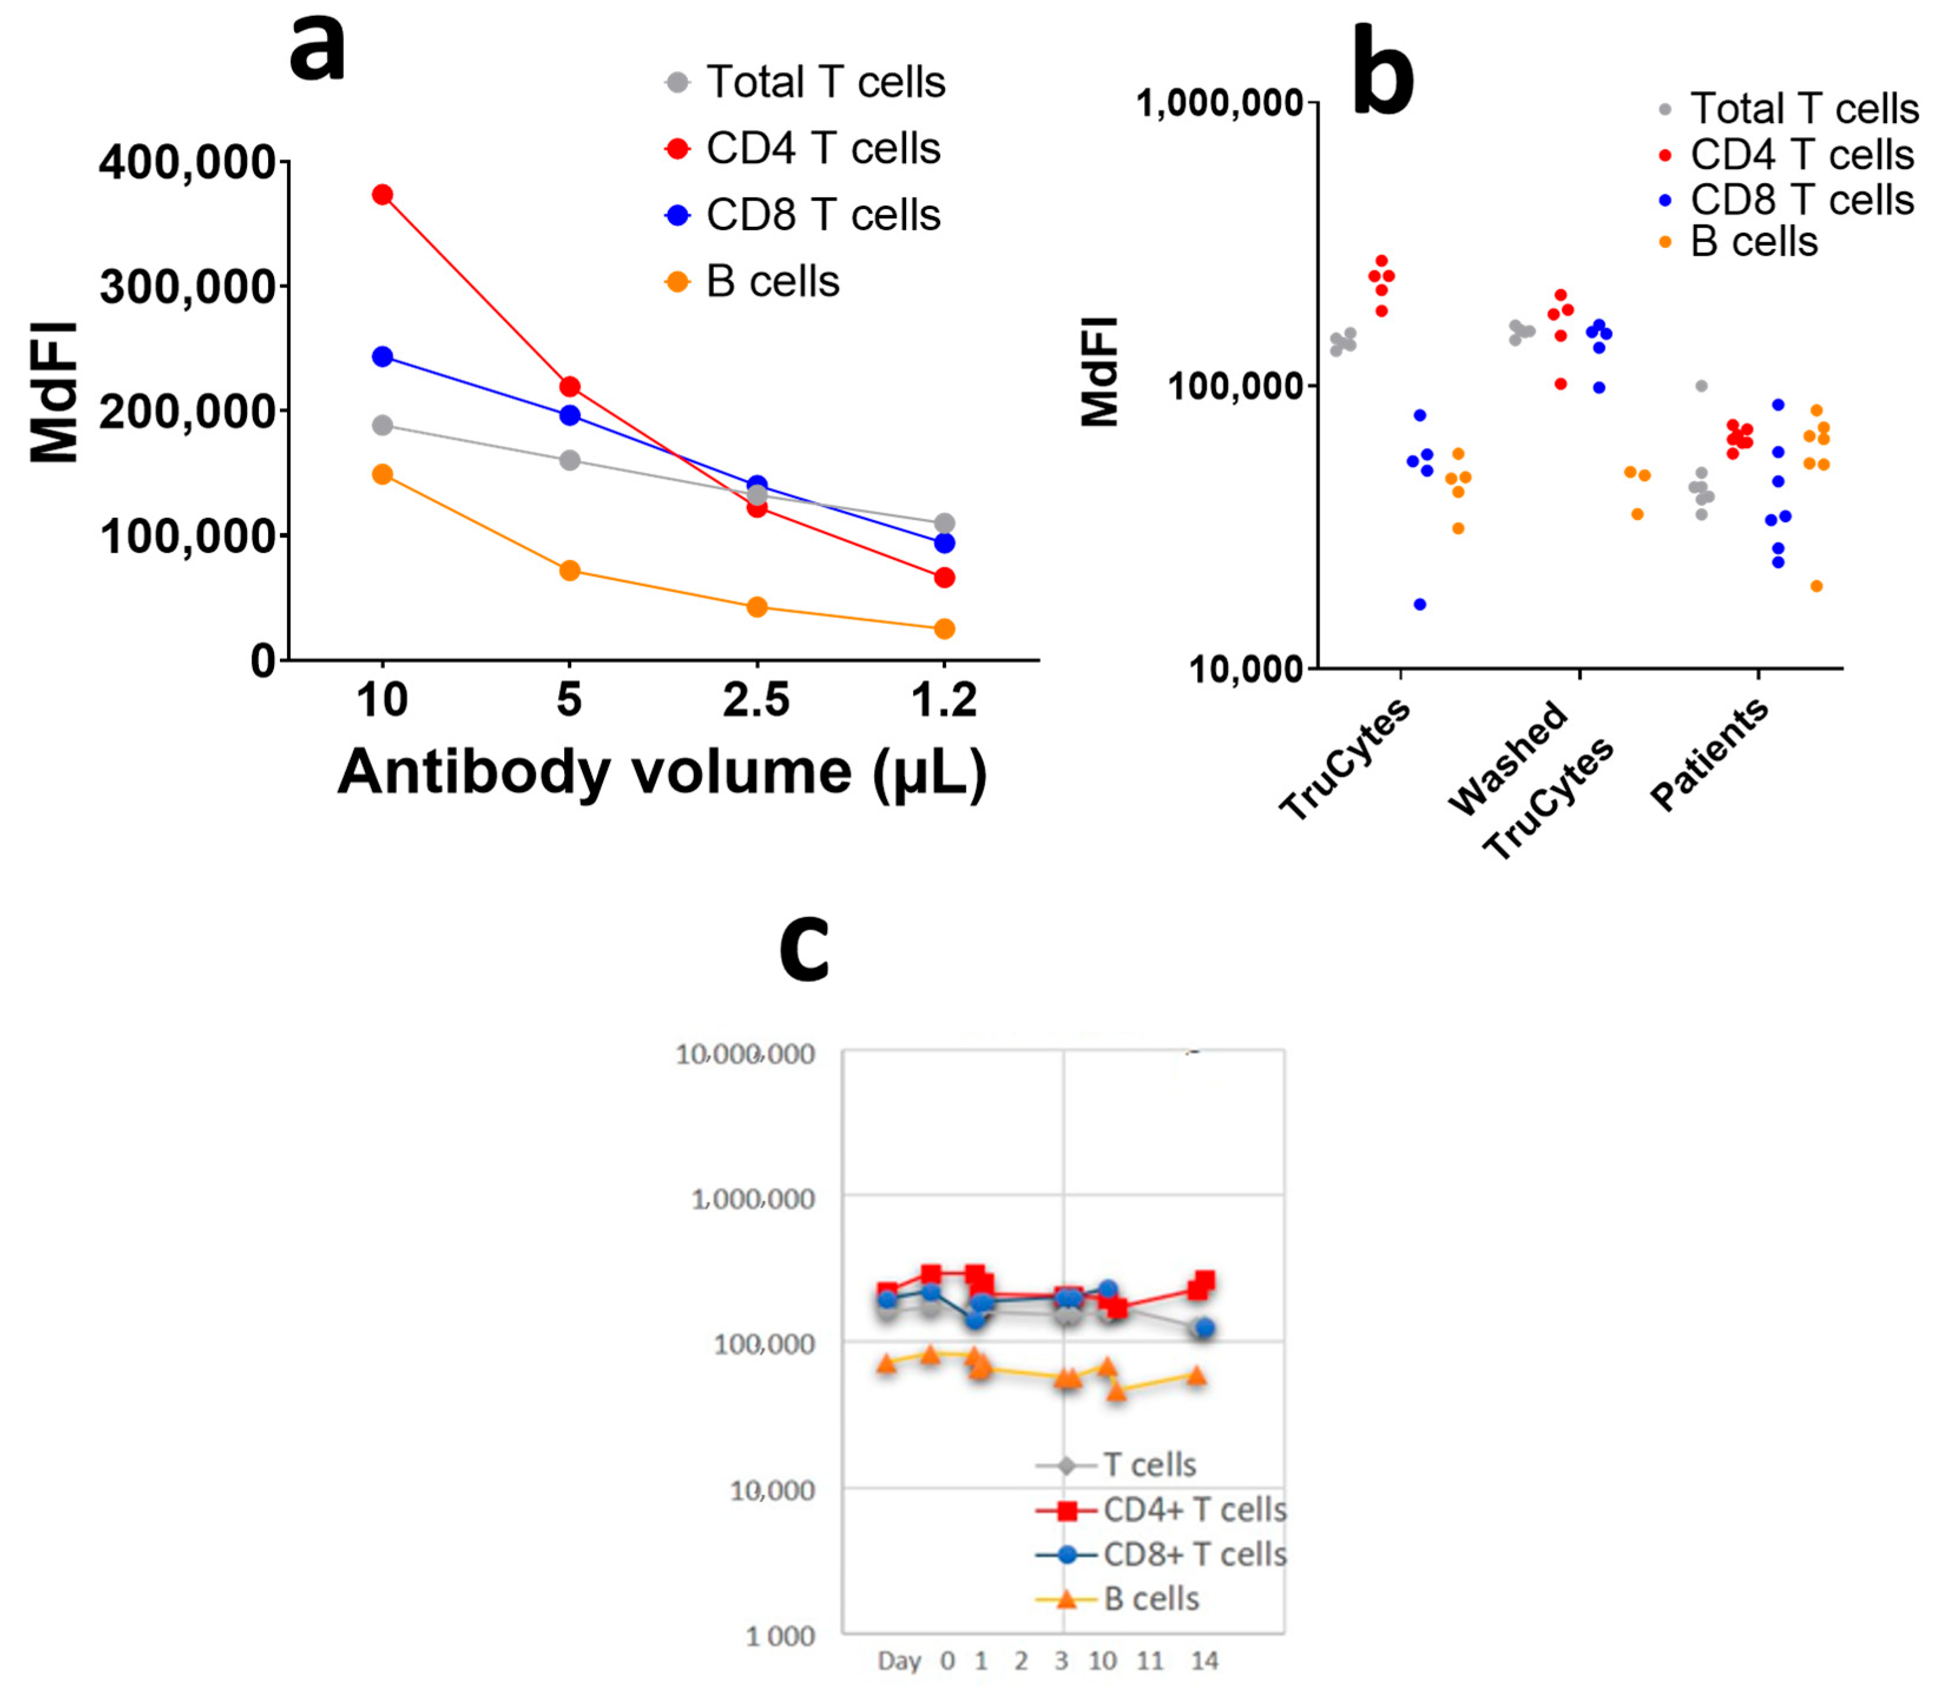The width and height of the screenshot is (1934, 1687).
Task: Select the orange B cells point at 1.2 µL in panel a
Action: click(x=944, y=629)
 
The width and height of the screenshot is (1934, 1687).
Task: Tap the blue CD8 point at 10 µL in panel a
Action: click(x=383, y=357)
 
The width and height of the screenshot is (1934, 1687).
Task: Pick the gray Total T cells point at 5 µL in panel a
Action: click(x=569, y=460)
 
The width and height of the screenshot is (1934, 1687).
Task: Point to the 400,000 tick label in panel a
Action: click(x=187, y=162)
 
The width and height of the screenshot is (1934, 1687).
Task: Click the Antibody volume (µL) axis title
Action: click(x=662, y=772)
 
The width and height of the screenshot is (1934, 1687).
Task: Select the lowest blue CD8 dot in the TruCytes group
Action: click(x=1420, y=605)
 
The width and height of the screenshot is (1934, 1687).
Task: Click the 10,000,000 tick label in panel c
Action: click(x=745, y=1054)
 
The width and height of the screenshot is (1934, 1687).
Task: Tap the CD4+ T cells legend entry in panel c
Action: click(x=1194, y=1510)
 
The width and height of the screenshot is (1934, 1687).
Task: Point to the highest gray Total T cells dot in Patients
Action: click(x=1701, y=386)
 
